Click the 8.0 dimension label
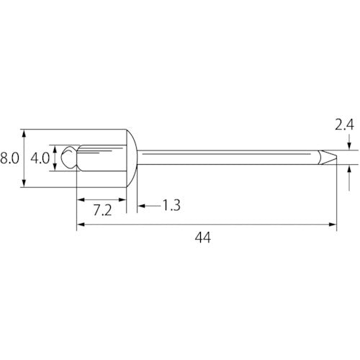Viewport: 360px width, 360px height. [x=9, y=158]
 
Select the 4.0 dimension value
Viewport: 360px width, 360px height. [x=40, y=158]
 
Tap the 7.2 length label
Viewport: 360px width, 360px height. [x=102, y=210]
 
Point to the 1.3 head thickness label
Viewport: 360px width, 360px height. [x=171, y=205]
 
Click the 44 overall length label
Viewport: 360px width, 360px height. [x=203, y=238]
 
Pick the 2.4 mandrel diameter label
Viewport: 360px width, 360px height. [x=344, y=125]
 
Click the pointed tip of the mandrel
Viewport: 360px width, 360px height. [x=336, y=158]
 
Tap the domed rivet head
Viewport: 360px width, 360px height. [x=132, y=158]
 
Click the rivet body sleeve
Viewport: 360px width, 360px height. [x=103, y=158]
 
